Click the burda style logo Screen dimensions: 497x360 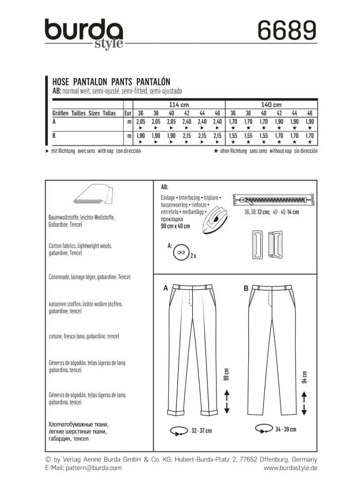coord(83,33)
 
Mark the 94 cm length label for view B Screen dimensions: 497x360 coord(304,376)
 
